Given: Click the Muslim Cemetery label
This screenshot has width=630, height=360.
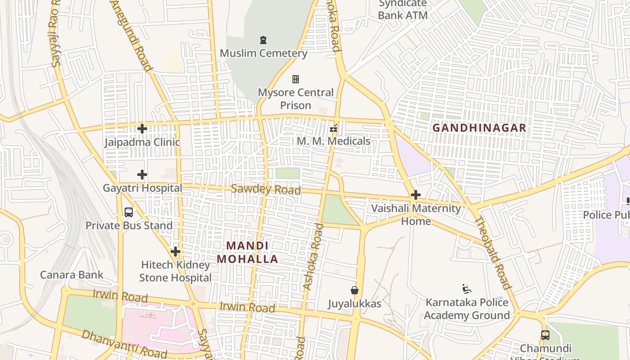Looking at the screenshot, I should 263,53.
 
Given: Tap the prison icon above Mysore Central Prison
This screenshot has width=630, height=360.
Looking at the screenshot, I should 296,79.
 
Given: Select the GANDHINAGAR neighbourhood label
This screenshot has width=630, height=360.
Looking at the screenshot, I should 479,128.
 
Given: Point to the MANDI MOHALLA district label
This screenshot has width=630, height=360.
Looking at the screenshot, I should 247,252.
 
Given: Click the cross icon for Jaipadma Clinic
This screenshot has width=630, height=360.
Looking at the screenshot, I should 142,129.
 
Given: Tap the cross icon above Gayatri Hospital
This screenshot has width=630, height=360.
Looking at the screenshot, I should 142,175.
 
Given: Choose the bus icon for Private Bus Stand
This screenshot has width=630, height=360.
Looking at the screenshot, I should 129,212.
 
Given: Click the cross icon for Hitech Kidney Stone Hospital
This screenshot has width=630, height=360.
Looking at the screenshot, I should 175,252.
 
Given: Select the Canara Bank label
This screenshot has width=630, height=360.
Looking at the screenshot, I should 72,274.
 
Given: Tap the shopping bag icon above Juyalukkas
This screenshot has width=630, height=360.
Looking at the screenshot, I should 355,290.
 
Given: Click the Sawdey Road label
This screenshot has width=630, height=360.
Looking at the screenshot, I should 265,189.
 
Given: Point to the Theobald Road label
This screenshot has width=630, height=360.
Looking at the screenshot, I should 493,252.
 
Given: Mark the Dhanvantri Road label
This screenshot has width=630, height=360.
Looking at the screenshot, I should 124,344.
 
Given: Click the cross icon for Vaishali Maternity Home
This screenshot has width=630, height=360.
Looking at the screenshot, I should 416,195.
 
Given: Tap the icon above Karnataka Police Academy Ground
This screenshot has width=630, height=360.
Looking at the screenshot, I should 467,288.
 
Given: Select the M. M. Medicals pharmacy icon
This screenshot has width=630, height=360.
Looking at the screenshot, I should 333,129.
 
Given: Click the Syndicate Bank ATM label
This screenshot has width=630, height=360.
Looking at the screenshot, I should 402,9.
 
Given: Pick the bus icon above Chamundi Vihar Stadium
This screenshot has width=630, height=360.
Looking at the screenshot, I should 545,335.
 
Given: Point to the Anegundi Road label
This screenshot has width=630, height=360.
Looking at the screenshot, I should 131,35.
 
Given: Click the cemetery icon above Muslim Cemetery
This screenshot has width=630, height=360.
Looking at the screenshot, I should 263,40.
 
